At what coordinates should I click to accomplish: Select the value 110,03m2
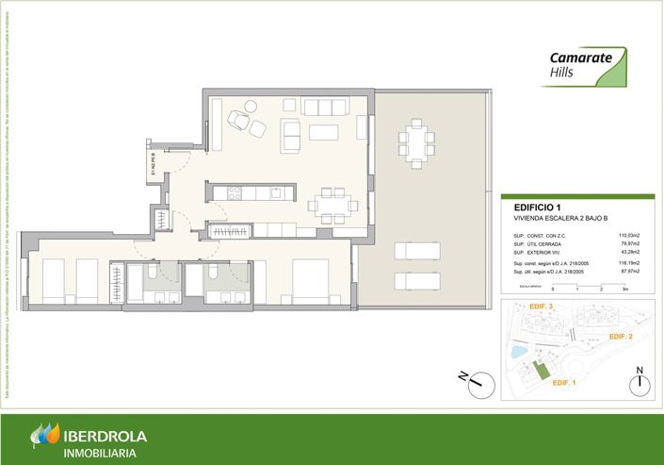point(628,235)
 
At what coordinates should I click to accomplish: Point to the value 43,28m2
point(628,252)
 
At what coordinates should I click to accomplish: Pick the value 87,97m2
point(628,271)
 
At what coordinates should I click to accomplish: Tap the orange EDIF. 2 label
point(620,337)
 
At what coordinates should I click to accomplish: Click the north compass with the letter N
point(639,381)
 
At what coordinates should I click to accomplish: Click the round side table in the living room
point(250,105)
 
